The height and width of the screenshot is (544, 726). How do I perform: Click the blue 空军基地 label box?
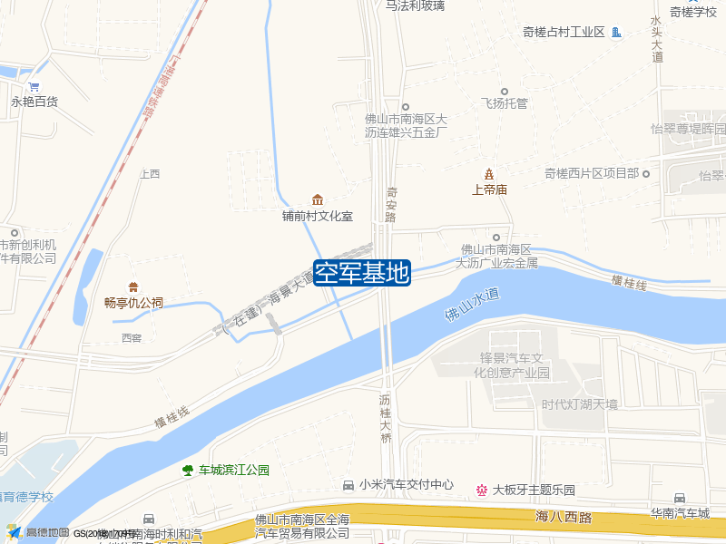pos(362,273)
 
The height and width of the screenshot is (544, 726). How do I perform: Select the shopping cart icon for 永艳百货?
pos(34,87)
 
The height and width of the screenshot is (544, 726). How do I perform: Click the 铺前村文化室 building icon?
pos(317,199)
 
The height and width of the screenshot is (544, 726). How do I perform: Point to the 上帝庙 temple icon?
pos(489,173)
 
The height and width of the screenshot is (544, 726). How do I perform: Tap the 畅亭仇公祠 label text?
pos(133,303)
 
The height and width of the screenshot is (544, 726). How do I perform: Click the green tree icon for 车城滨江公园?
pos(188,470)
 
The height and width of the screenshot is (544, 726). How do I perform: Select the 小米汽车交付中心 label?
pos(406,485)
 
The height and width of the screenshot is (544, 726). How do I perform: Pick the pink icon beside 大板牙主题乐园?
pos(481,491)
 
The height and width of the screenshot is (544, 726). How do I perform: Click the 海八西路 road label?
pos(563,517)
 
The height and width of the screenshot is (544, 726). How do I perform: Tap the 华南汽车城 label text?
pos(680,513)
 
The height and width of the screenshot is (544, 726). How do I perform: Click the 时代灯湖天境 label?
pos(579,404)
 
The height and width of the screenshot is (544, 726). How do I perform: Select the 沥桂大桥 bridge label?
pos(385,418)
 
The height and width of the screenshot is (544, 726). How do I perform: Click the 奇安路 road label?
pos(391,204)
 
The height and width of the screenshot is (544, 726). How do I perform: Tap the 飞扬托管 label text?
pos(504,103)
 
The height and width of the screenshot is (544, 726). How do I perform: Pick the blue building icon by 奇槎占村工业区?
pos(616,33)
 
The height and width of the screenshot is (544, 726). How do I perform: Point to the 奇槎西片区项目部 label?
pos(592,173)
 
